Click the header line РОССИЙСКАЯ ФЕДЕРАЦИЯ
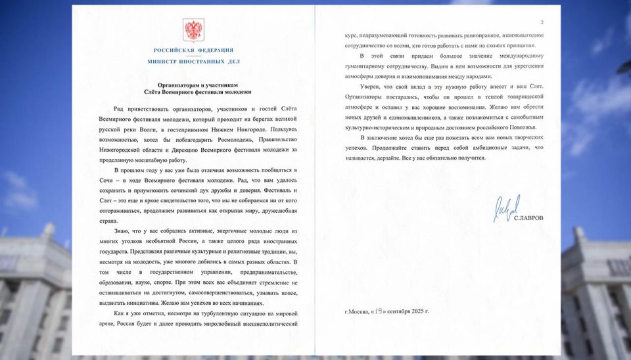(x=193, y=51)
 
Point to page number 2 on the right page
(x=542, y=22)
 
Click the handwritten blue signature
(x=506, y=208)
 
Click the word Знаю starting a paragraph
(x=122, y=231)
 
